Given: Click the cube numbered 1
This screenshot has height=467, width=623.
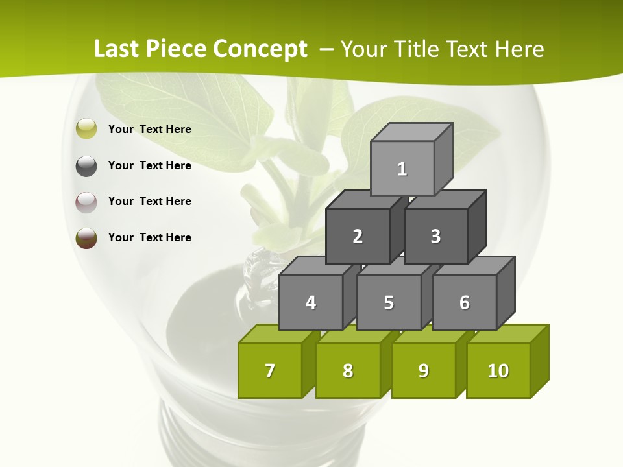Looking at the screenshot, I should click(x=402, y=169).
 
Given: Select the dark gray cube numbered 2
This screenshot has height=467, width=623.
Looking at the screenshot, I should click(x=358, y=236).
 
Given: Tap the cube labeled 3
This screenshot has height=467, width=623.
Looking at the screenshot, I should click(x=435, y=236).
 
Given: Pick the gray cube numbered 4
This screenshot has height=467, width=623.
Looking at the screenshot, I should click(x=311, y=302).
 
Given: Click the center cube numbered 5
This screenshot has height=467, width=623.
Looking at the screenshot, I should click(x=389, y=302).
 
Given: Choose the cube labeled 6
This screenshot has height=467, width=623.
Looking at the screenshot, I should click(x=465, y=302).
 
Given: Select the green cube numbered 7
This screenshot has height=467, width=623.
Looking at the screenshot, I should click(x=270, y=370).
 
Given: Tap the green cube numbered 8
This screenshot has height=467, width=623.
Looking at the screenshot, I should click(x=348, y=370).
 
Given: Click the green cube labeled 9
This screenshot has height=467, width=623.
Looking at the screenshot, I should click(x=424, y=370).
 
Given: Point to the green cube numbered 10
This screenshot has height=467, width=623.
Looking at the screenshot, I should click(x=498, y=370).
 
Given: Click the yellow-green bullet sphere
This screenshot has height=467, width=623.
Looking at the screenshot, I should click(x=86, y=129).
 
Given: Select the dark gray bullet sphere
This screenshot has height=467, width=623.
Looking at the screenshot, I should click(x=86, y=165).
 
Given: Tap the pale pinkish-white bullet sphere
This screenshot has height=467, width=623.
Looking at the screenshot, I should click(x=86, y=202).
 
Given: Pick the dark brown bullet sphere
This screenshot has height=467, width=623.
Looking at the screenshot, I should click(x=86, y=237).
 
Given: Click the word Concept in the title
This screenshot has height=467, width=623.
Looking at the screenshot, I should click(x=260, y=49).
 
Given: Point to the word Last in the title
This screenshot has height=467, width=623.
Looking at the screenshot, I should click(x=117, y=49).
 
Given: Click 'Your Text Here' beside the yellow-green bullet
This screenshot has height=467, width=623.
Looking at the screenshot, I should click(x=150, y=129).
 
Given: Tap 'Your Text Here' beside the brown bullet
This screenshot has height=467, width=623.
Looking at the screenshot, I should click(x=150, y=237).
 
